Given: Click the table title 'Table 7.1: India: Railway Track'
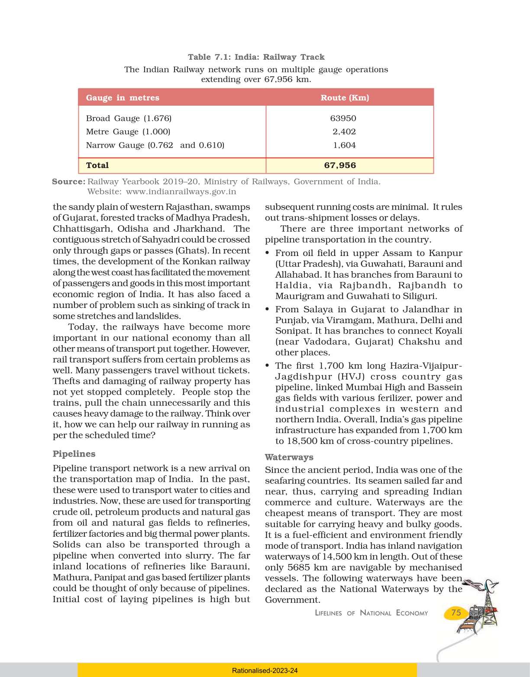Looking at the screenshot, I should click(x=256, y=57).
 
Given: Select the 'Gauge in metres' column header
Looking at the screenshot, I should click(x=123, y=98).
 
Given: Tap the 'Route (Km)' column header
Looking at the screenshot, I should click(x=345, y=98).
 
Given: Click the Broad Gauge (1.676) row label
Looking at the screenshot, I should click(x=129, y=118).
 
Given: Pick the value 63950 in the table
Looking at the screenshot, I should click(x=343, y=118).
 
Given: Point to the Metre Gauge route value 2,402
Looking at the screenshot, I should click(x=344, y=132).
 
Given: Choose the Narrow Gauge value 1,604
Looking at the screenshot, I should click(x=344, y=145).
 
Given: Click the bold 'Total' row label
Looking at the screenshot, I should click(x=97, y=165).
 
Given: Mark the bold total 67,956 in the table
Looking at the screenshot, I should click(x=340, y=165).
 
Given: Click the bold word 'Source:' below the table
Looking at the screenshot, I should click(x=68, y=181).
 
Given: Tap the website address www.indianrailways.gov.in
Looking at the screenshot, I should click(x=181, y=192).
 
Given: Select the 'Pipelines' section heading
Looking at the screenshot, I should click(x=74, y=454).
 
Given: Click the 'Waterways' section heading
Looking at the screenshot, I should click(x=289, y=457).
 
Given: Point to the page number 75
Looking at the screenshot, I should click(x=456, y=612).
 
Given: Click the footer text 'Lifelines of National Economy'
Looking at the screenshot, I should click(x=371, y=613).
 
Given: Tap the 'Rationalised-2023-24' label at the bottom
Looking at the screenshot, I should click(x=265, y=671).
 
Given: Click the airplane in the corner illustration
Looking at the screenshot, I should click(x=476, y=585).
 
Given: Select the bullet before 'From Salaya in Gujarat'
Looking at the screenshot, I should click(x=267, y=310).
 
